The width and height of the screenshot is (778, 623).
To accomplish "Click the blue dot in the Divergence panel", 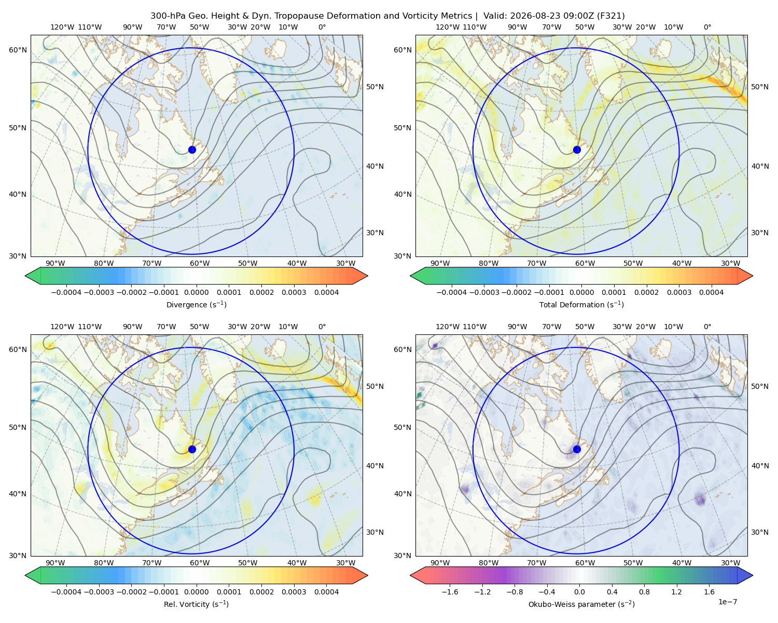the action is [192, 150].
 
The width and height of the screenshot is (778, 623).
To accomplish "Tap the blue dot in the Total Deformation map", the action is [577, 150].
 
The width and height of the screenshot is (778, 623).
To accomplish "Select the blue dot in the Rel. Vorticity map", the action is [192, 449].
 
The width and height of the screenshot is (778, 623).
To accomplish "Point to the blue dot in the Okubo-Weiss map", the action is [577, 449].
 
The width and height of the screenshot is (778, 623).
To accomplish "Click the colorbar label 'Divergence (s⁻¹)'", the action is [196, 304].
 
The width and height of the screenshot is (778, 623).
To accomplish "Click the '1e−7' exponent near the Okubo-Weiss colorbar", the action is [727, 602].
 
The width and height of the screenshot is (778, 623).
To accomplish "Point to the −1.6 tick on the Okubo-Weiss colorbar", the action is [450, 591].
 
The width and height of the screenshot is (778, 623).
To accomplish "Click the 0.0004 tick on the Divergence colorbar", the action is [326, 292].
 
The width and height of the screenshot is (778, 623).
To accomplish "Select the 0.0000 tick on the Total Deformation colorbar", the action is [581, 292].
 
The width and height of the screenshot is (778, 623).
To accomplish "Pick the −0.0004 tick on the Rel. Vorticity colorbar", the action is [66, 591].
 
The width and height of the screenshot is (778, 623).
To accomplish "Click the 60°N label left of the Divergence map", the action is [18, 50].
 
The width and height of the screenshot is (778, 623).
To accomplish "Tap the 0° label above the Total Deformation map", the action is [707, 27].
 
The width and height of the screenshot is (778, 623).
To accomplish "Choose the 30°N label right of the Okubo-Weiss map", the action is [760, 532].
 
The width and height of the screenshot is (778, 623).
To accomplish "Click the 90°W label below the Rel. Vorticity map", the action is [55, 563].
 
